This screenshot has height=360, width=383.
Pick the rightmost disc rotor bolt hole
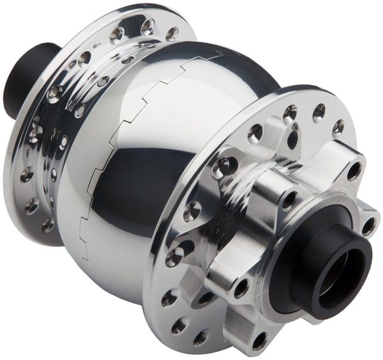point(368,225)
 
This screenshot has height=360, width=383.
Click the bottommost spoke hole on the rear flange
point(48,225)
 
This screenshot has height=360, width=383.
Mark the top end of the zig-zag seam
point(220,54)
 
